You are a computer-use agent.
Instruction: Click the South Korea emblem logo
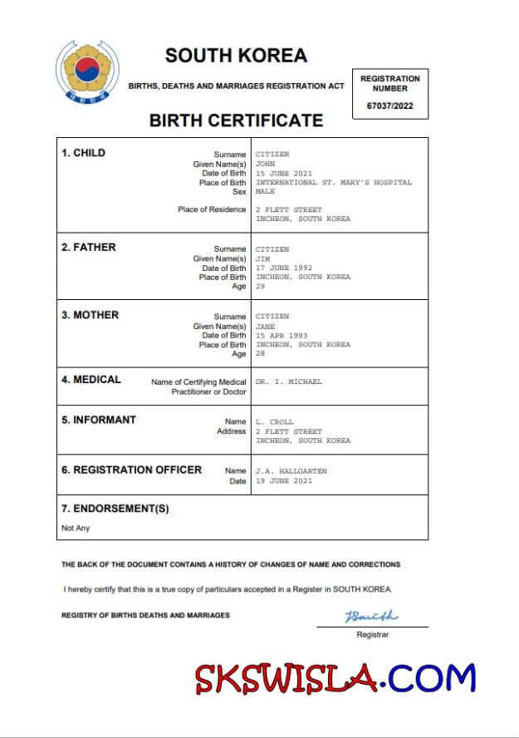point(87,72)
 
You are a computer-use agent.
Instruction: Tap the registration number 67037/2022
point(389,106)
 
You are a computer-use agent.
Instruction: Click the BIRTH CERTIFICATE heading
point(236,121)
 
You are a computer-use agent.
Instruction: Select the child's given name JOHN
point(266,164)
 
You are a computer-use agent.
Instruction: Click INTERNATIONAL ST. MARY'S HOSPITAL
point(333,182)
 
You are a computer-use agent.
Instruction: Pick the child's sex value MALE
point(266,191)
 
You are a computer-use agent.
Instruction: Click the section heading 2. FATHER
point(89,248)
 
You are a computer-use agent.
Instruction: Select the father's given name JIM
point(263,258)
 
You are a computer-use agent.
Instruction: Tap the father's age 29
point(260,286)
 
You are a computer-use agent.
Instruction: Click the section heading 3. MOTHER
point(90,315)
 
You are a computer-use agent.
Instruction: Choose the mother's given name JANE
point(266,326)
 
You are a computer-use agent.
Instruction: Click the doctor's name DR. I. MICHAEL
point(288,381)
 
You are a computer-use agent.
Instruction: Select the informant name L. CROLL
point(275,422)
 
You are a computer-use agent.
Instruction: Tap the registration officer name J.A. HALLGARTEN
point(291,471)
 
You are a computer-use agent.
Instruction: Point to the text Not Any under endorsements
point(76,528)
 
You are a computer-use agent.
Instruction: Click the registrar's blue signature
point(371,617)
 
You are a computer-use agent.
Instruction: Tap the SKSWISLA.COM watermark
point(335,678)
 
